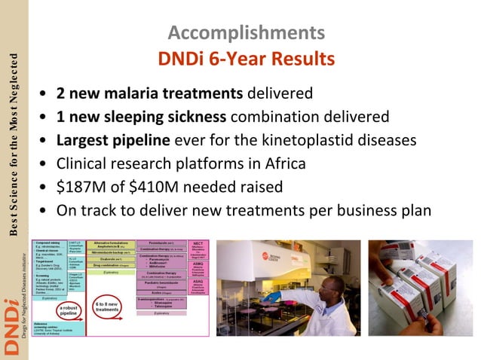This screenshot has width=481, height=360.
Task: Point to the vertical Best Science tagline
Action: pyautogui.click(x=13, y=143)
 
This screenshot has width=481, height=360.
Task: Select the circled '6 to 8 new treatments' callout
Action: pyautogui.click(x=109, y=309)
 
